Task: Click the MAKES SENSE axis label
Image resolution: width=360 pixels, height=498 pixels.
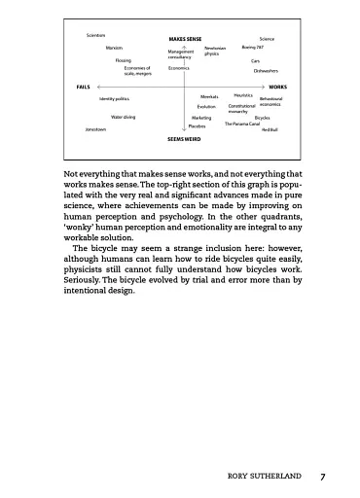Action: click(185, 39)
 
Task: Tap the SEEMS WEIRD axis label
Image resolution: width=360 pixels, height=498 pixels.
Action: click(182, 139)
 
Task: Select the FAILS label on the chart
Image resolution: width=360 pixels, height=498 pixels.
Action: click(83, 87)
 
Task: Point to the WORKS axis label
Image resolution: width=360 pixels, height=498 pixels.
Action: click(277, 87)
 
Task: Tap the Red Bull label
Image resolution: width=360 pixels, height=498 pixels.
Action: click(270, 128)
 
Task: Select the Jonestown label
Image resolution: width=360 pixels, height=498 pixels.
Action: click(95, 128)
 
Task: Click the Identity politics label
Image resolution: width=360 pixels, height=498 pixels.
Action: click(114, 98)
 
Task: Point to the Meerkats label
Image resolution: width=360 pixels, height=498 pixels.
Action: click(209, 97)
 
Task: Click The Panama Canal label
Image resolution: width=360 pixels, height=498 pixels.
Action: click(242, 124)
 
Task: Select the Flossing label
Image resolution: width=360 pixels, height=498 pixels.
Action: click(124, 59)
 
